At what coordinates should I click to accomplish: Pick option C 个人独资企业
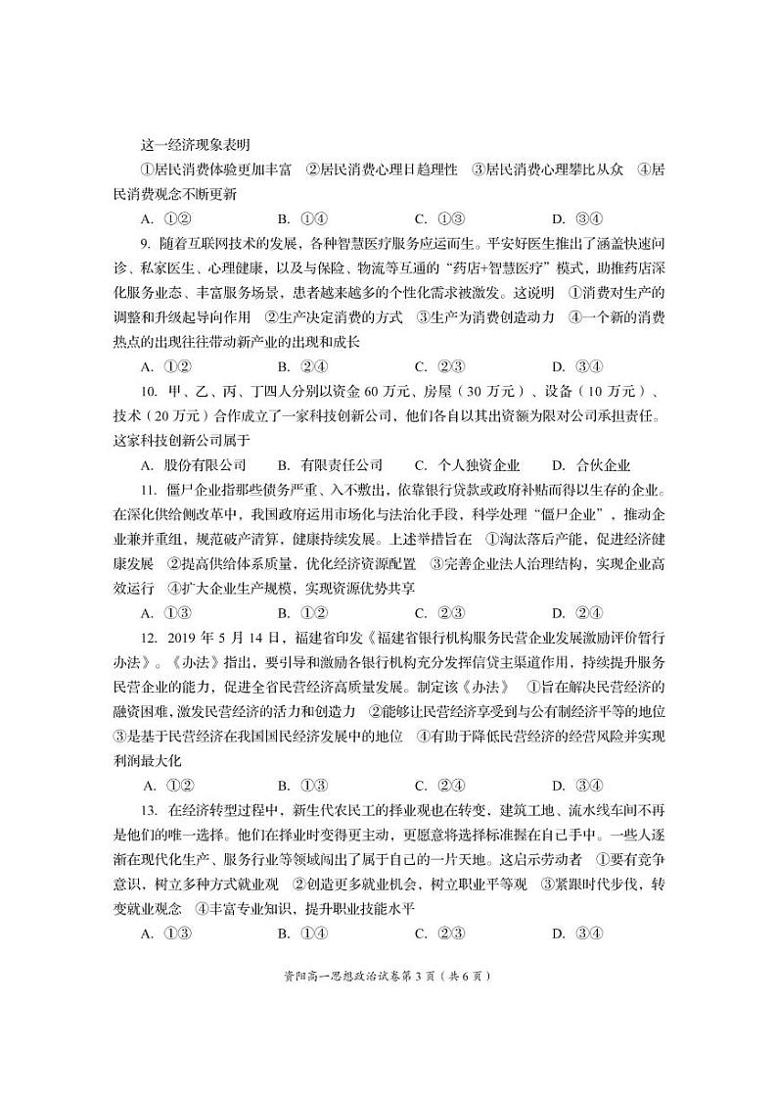(x=467, y=465)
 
